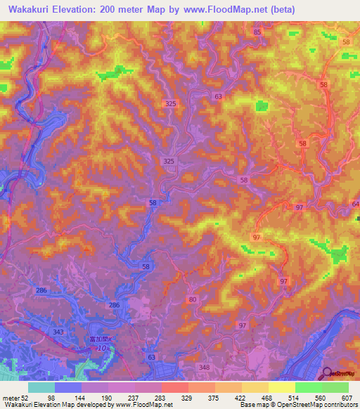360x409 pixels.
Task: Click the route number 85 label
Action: pyautogui.click(x=257, y=32)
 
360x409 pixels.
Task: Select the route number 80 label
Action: pyautogui.click(x=193, y=299)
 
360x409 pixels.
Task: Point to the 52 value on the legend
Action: pyautogui.click(x=27, y=398)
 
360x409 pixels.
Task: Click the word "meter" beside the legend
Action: pyautogui.click(x=10, y=398)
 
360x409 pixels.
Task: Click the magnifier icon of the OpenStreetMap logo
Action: pyautogui.click(x=328, y=373)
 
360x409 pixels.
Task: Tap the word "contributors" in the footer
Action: pyautogui.click(x=340, y=405)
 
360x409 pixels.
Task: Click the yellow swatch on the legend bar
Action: pyautogui.click(x=281, y=387)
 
